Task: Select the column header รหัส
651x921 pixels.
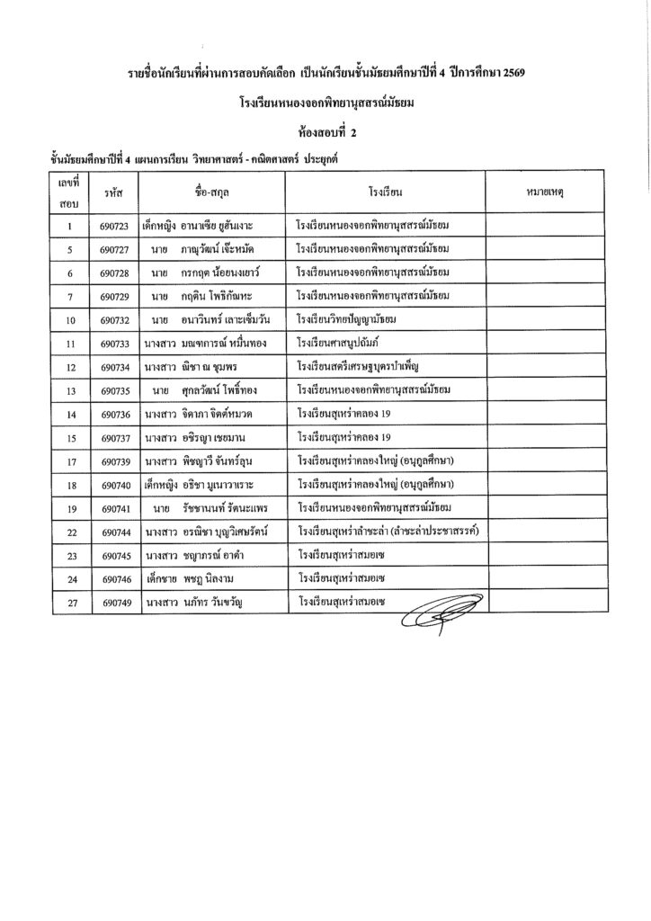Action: tap(113, 192)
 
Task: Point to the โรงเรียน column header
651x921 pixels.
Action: tap(384, 192)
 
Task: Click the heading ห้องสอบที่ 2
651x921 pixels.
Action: tap(325, 131)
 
